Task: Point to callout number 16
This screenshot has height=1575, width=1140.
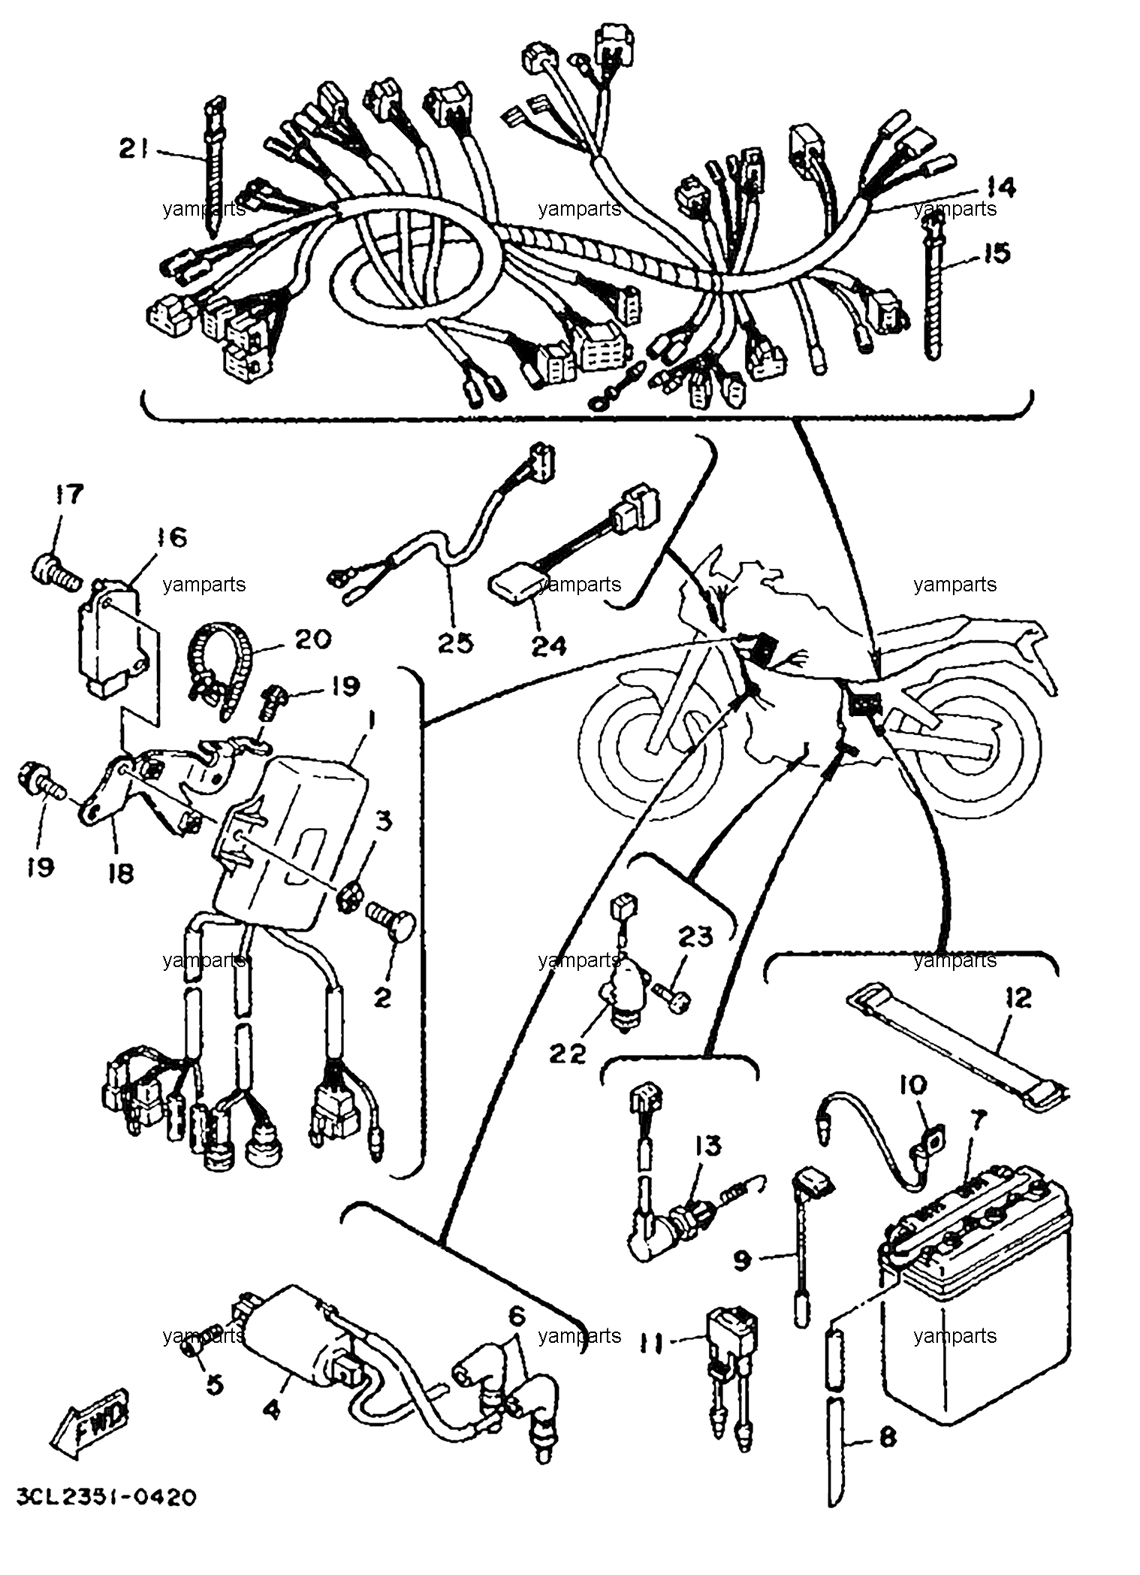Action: [x=172, y=538]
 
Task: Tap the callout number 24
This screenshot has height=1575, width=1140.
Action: [x=549, y=645]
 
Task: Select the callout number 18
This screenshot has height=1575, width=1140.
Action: [x=120, y=872]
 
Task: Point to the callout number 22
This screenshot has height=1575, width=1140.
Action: [x=566, y=1054]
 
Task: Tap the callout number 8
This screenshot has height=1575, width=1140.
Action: [x=887, y=1438]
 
